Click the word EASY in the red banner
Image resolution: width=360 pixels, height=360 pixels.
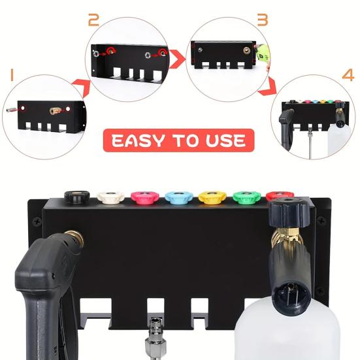pyautogui.click(x=139, y=140)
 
